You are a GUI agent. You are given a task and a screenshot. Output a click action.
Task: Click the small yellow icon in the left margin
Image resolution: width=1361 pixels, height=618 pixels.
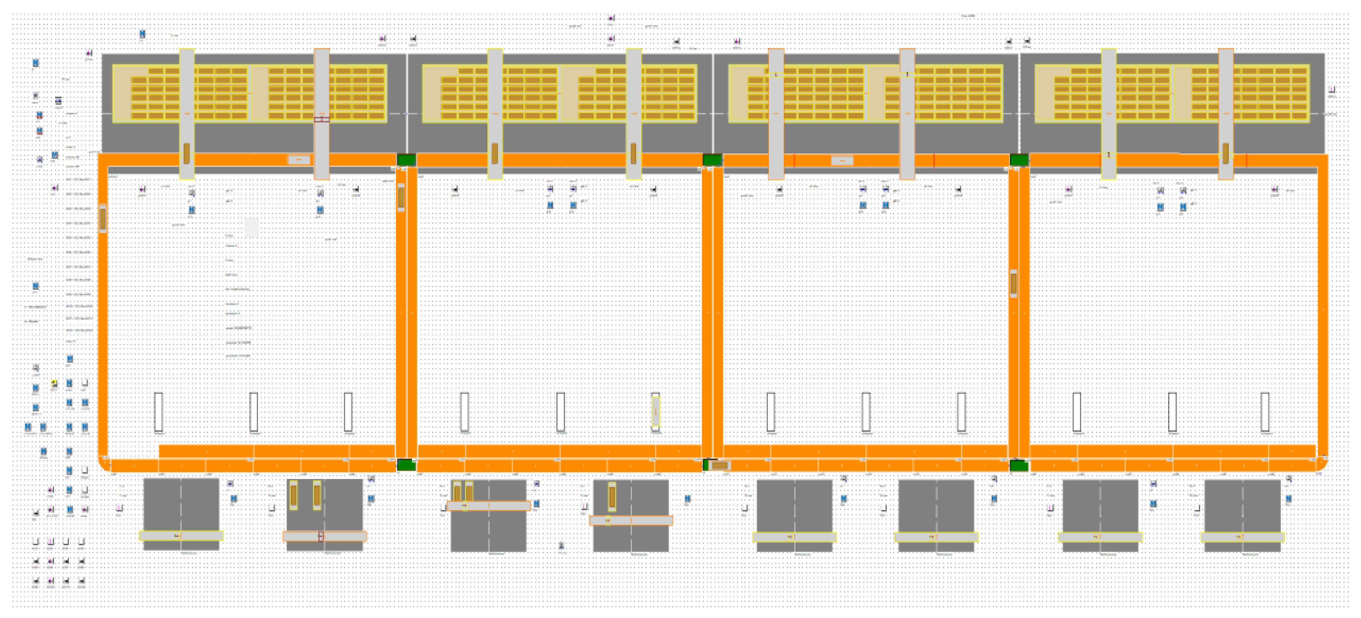coord(54,383)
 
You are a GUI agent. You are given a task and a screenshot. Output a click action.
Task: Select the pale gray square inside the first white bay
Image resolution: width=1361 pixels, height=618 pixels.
coord(252,228)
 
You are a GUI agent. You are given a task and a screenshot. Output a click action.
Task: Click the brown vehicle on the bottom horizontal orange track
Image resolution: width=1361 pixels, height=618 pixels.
coord(720,465)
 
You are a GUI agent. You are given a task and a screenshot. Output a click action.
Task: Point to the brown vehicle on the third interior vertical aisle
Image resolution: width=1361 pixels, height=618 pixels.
coord(1013,283)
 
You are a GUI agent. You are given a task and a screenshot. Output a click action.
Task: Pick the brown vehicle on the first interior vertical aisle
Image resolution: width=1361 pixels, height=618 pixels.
coord(401,197)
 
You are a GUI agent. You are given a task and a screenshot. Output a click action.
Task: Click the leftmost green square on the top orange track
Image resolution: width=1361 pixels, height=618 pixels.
coord(406,160)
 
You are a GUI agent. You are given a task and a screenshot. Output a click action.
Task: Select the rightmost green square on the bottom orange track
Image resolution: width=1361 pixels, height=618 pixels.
coord(1019,465)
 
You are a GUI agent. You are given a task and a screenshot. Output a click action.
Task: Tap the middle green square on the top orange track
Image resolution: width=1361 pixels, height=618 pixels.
coord(712,160)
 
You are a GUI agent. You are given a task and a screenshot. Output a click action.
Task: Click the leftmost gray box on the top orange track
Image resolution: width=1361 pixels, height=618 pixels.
coord(299,160)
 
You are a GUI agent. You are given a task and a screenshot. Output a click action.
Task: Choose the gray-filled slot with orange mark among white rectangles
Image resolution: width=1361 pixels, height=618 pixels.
coord(655,411)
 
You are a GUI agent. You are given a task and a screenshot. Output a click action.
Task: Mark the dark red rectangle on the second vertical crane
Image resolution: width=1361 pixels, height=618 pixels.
coord(322,119)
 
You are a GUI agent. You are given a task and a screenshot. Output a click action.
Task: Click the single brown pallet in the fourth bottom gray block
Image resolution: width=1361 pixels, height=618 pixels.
coord(612,496)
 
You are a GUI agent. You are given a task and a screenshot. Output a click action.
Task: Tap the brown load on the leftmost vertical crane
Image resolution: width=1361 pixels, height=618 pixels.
coord(187,153)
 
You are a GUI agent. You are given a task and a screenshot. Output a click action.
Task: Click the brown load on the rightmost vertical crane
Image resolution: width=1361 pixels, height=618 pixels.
coord(1225,153)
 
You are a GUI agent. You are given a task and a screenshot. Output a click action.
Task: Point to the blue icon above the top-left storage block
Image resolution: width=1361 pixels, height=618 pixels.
coord(142,34)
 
